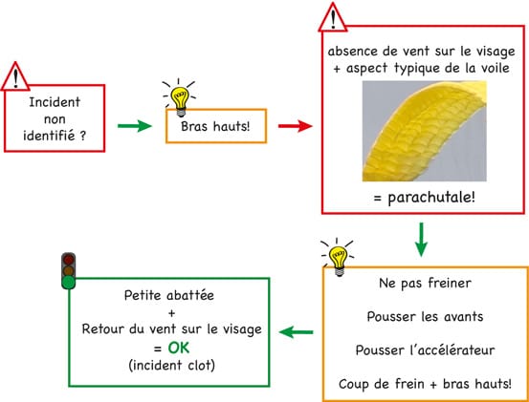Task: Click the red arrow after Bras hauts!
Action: (x=296, y=126)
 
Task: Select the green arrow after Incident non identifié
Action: (x=135, y=126)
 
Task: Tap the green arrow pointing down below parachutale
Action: (x=421, y=240)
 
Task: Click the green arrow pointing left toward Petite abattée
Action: (x=297, y=332)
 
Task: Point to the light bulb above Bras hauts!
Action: (x=179, y=98)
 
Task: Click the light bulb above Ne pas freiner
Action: (x=338, y=257)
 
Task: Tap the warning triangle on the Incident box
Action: (x=15, y=76)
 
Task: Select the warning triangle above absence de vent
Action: (x=333, y=17)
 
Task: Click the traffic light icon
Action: (x=69, y=271)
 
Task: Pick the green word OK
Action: (x=179, y=349)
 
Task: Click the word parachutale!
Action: (x=431, y=198)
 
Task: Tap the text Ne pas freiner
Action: (x=425, y=284)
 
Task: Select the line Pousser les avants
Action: (x=425, y=316)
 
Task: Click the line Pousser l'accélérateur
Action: (x=425, y=350)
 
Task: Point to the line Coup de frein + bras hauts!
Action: (x=425, y=384)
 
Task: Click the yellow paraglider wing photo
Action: (x=425, y=131)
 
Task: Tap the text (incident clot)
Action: (x=171, y=366)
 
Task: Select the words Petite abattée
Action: (x=169, y=296)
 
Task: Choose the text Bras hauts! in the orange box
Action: (x=215, y=127)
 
